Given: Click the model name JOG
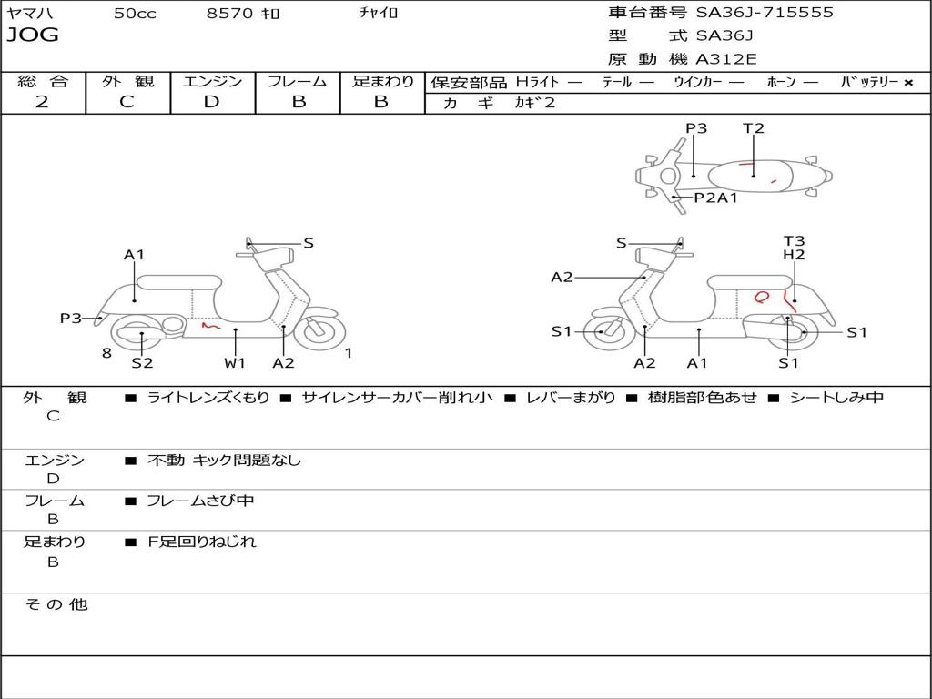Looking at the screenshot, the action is (x=33, y=35).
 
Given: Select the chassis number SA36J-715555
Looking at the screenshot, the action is (x=765, y=13).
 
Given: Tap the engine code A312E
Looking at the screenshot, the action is (x=726, y=60).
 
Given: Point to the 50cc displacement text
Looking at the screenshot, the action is (x=135, y=14).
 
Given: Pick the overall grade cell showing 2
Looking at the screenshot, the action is (x=42, y=102).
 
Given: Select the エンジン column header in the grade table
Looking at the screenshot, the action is (x=212, y=81).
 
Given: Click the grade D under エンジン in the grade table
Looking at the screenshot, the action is (x=212, y=102).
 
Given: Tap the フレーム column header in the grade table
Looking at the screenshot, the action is (x=298, y=81).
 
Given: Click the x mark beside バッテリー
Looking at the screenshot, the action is (x=908, y=83).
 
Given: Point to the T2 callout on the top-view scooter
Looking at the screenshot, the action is (x=754, y=128).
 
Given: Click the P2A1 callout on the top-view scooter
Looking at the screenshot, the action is (x=715, y=198).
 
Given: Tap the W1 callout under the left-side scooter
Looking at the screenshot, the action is (x=235, y=363).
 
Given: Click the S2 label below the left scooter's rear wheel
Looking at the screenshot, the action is (x=142, y=363).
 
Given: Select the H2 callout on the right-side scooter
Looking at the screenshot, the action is (x=794, y=256).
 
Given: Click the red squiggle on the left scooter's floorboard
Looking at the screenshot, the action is (x=210, y=324).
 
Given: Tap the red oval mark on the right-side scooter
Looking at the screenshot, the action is (x=762, y=297).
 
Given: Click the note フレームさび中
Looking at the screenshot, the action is (x=200, y=501).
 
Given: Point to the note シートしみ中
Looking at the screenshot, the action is (x=836, y=398).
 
